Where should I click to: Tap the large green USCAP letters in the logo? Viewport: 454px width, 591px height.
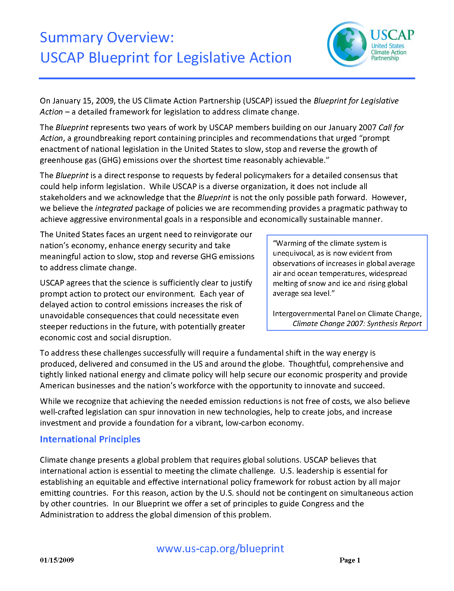coord(392,35)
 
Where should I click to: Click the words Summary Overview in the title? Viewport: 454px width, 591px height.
coord(106,38)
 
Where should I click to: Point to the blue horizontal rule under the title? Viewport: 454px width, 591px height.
coord(227,78)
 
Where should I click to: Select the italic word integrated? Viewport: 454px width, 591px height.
coord(114,208)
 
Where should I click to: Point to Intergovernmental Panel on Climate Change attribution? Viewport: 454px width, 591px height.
coord(347,314)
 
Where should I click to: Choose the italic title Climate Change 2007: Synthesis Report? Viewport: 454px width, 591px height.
coord(357,324)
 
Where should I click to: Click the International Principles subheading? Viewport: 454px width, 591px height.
coord(90,439)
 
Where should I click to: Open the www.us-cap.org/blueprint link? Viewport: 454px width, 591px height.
coord(220,548)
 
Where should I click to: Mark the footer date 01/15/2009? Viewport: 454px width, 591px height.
coord(57,560)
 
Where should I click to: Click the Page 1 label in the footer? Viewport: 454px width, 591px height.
coord(350,560)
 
